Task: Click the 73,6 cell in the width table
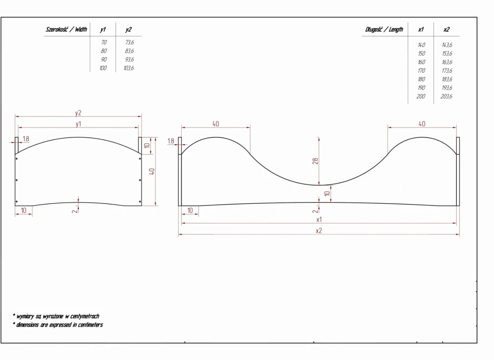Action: (129, 42)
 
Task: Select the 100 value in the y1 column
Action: (103, 68)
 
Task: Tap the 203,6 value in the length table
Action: (446, 96)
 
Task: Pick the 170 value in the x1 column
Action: (421, 70)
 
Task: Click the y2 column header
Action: (128, 30)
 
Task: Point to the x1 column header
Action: (421, 29)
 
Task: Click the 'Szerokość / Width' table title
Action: (66, 29)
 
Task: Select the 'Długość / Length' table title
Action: (384, 29)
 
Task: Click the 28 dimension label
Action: (315, 161)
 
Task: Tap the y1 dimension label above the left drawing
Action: (78, 124)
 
